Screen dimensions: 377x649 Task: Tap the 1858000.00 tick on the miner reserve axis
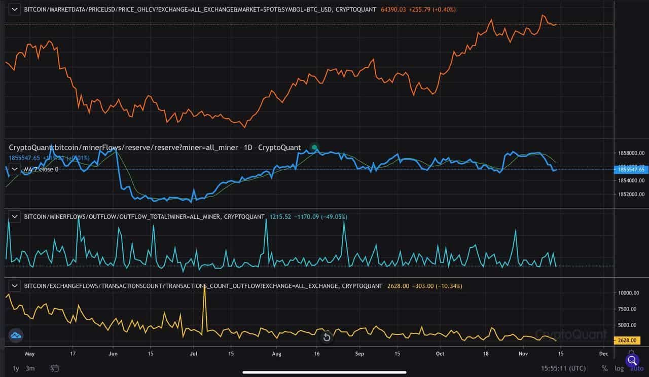coord(630,153)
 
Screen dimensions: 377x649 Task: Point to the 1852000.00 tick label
coord(630,194)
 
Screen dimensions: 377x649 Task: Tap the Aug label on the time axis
coord(276,354)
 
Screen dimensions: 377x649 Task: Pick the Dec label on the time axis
coord(603,354)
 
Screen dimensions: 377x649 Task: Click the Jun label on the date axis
coord(114,354)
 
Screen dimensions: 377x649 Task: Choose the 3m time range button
coord(30,368)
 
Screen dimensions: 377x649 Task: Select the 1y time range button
coord(16,368)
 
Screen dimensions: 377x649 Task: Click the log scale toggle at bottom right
coord(619,368)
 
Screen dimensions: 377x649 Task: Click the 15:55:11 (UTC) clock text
coord(563,368)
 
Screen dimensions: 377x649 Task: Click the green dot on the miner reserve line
coord(315,147)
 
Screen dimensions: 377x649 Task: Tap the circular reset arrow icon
coord(327,337)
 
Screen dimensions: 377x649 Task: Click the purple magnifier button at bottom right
coord(632,360)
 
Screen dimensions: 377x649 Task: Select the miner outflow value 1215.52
coord(279,217)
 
